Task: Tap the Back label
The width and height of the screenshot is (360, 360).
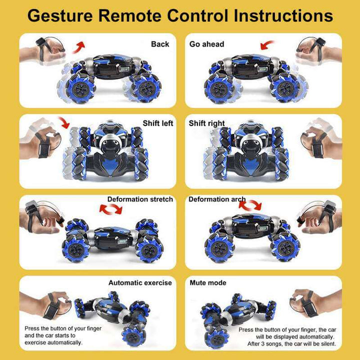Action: coord(160,44)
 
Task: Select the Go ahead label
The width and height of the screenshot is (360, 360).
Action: coord(206,44)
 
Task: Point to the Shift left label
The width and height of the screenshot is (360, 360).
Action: coord(158,123)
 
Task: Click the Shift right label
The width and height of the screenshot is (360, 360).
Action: coord(206,123)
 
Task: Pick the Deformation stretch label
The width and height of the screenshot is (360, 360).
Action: coord(140,199)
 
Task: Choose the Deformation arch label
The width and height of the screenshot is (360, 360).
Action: coord(217,199)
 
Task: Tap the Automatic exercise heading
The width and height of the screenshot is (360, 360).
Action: coord(140,282)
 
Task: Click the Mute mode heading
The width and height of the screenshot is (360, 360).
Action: coord(207,282)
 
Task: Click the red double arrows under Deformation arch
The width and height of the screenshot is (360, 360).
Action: coord(250,205)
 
